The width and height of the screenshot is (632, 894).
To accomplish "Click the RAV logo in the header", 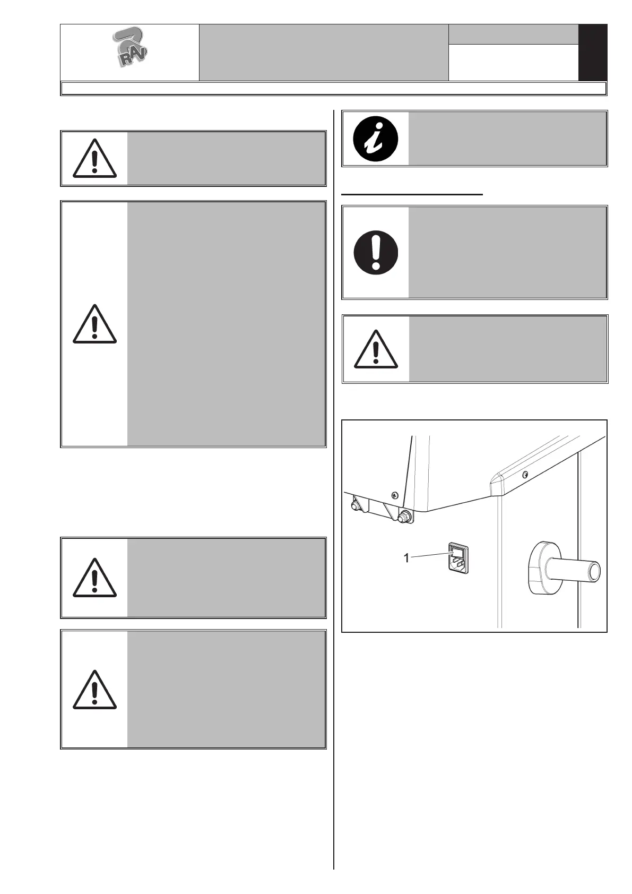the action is (130, 49).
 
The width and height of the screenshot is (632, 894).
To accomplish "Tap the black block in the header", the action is (592, 53).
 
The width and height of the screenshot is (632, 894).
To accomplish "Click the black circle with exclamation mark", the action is (376, 252).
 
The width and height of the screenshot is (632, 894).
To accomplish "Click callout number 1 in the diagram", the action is (406, 558).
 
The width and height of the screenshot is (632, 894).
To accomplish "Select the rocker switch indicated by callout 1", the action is (457, 552).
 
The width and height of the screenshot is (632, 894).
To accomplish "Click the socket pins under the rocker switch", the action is (458, 564).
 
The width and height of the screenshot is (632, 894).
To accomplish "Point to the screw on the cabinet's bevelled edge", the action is (525, 474).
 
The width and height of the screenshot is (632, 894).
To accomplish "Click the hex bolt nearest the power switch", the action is (405, 515).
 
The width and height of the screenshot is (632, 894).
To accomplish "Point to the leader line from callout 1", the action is (430, 555).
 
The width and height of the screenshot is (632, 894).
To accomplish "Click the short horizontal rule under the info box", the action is (412, 195).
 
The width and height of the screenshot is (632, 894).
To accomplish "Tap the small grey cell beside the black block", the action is (513, 34).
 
